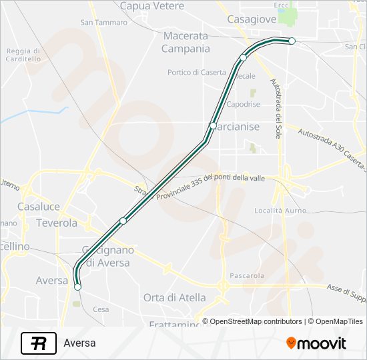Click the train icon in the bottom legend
tap(39, 343)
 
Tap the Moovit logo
tap(316, 343)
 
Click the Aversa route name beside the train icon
tap(80, 343)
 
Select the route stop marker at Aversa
tap(78, 287)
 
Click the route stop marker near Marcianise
tap(213, 125)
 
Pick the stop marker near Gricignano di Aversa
tap(123, 221)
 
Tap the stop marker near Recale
tap(244, 58)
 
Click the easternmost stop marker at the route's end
tap(292, 41)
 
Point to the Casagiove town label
tap(252, 19)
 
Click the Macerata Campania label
tap(186, 43)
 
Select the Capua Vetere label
tap(151, 6)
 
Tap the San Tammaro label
tap(103, 22)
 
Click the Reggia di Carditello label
tap(23, 55)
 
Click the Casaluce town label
tap(39, 207)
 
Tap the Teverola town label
tap(57, 223)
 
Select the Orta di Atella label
tap(175, 297)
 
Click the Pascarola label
tap(247, 275)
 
